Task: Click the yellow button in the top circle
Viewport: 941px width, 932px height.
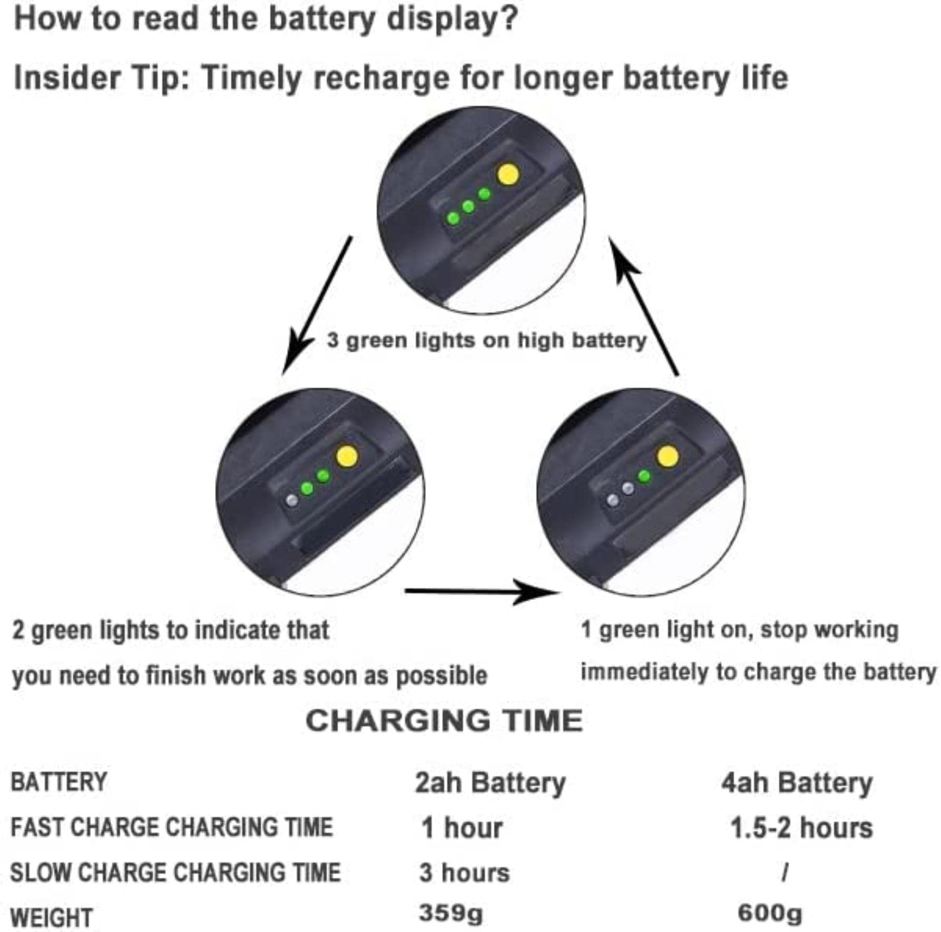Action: pos(508,174)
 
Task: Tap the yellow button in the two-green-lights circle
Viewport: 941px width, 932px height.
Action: pos(347,457)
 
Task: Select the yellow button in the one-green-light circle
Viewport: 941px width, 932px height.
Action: pos(668,457)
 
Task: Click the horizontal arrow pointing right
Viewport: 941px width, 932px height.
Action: pos(482,592)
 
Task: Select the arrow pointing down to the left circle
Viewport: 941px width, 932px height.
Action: pos(317,305)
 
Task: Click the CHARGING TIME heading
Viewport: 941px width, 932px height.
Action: pos(444,721)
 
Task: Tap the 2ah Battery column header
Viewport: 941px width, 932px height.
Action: pos(490,783)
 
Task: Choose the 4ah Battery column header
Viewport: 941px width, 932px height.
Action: pos(797,783)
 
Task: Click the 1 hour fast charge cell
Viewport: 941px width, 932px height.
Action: pos(462,828)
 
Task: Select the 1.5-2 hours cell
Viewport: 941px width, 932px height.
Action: pos(801,828)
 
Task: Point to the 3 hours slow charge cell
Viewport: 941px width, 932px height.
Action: pos(465,873)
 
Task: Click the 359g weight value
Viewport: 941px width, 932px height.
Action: pos(451,913)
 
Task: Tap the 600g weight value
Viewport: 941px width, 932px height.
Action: pos(770,913)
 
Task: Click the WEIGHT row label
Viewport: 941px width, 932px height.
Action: pos(52,918)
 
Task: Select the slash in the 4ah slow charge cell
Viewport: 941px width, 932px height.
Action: pos(785,873)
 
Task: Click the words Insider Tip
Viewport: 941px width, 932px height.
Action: pos(101,78)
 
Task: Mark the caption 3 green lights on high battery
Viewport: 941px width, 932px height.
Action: pos(486,341)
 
